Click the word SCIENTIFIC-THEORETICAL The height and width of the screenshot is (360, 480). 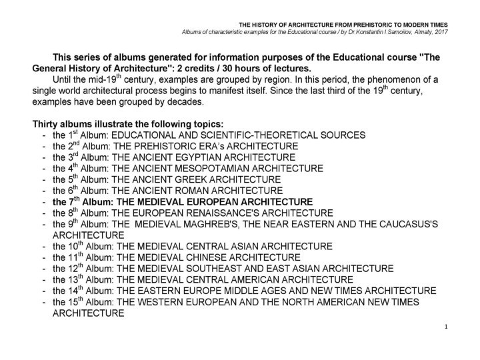coord(246,134)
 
